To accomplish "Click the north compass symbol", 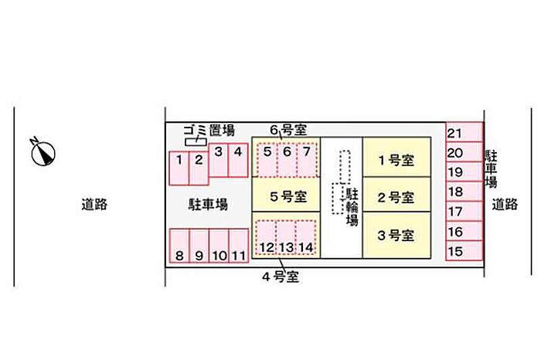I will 43,152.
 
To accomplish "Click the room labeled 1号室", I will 395,161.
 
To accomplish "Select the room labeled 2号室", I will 395,197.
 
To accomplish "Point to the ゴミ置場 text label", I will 209,129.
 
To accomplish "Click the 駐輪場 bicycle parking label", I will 352,206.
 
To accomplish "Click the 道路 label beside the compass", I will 94,205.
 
